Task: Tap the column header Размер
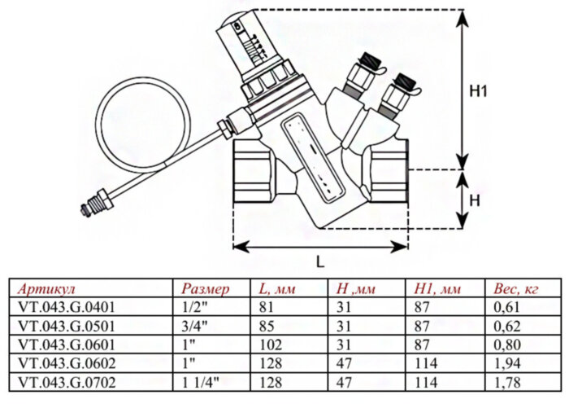tap(206, 288)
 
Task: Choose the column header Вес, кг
tap(516, 288)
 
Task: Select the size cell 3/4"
tap(196, 326)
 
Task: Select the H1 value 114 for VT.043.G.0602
tap(425, 363)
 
